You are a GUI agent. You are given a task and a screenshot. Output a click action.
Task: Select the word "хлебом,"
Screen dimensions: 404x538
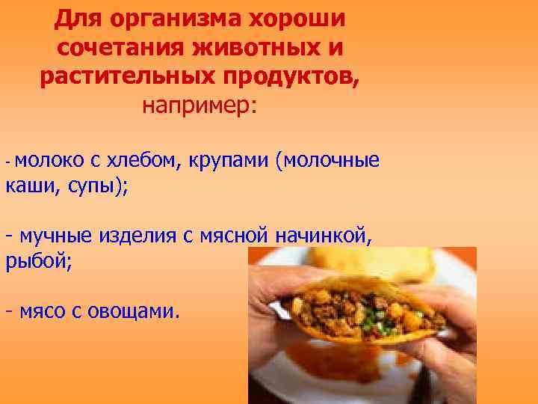click(142, 159)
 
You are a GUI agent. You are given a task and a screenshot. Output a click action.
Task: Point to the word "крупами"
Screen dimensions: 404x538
click(228, 161)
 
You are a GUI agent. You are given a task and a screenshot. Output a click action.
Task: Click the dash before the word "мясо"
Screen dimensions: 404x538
click(8, 310)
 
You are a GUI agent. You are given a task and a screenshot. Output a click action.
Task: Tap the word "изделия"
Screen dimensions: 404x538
click(135, 237)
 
